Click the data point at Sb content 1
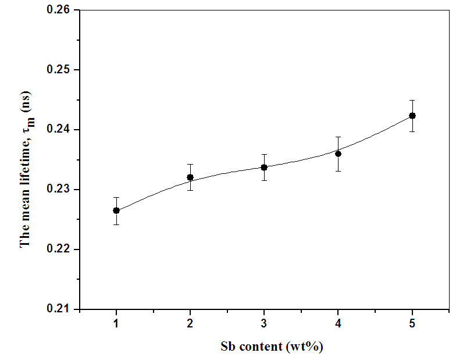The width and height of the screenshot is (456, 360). click(x=116, y=210)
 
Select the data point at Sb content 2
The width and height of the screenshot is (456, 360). click(x=190, y=177)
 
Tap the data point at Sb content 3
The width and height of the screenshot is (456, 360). click(x=264, y=167)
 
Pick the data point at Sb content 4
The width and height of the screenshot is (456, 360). click(x=338, y=154)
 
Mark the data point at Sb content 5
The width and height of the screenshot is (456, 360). click(x=412, y=116)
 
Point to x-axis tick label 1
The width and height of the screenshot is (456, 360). click(x=116, y=323)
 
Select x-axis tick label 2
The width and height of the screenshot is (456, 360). click(x=190, y=323)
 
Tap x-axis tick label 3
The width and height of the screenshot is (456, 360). click(x=264, y=323)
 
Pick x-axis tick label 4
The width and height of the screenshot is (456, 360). click(x=338, y=323)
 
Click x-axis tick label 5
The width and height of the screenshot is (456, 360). click(x=412, y=323)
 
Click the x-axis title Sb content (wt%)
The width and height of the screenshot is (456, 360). click(x=272, y=347)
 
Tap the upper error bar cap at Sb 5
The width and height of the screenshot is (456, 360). click(x=412, y=100)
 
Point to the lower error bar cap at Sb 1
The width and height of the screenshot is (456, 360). click(x=116, y=224)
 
